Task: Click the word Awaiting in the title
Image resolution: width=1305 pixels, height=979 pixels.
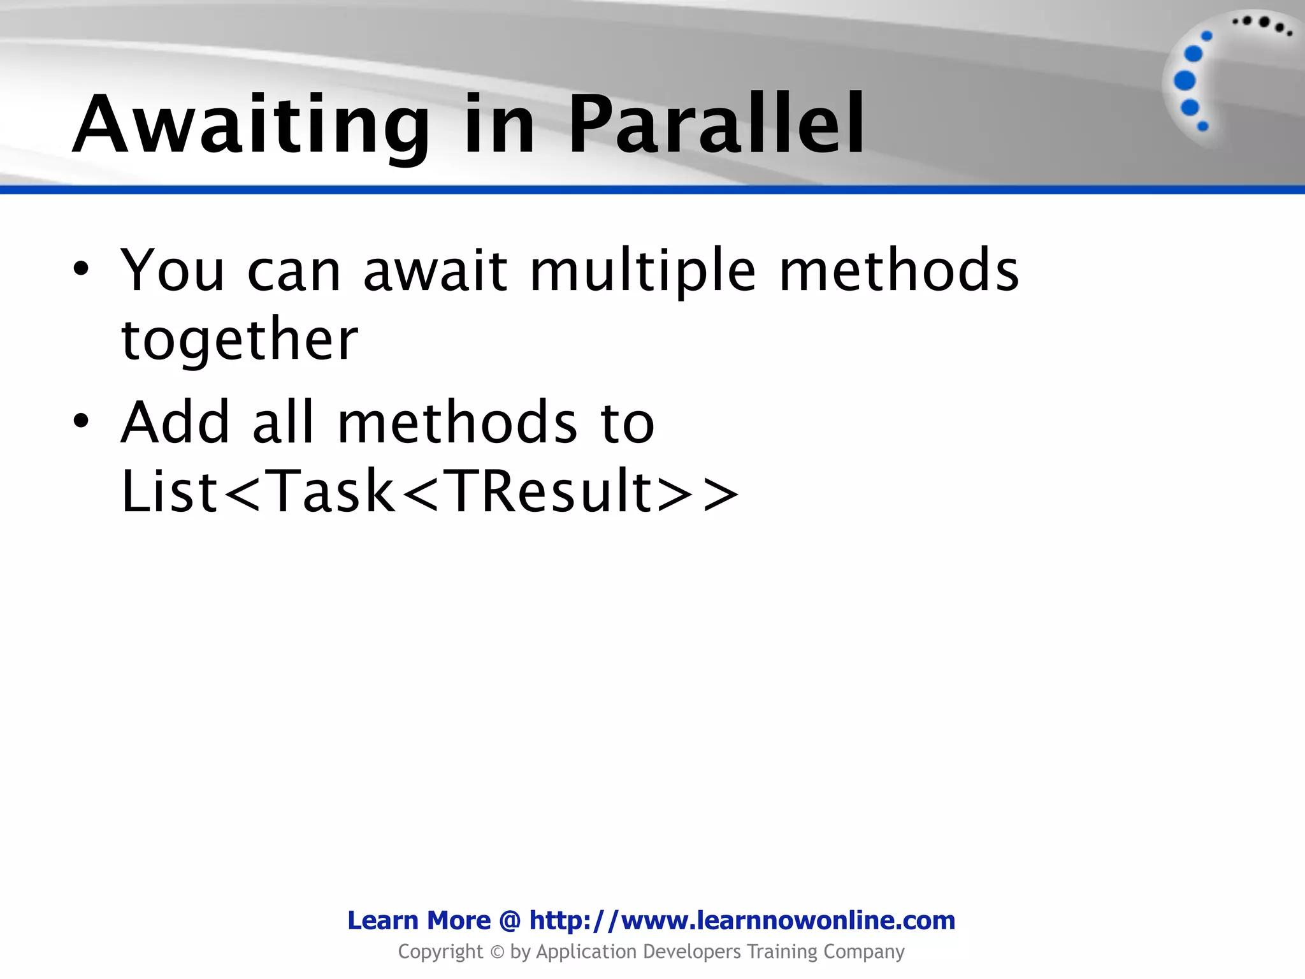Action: coord(251,125)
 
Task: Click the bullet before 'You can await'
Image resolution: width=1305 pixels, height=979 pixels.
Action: coord(80,269)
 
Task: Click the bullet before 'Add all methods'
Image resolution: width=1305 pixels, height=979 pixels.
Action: coord(80,421)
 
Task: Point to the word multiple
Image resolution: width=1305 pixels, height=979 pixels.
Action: coord(643,272)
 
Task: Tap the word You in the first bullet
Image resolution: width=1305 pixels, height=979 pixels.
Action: coord(173,270)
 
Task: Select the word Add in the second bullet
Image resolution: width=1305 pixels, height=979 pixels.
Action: coord(175,422)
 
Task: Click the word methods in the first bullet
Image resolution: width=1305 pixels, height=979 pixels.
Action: coord(898,270)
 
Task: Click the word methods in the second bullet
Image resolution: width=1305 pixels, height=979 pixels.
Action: coord(457,422)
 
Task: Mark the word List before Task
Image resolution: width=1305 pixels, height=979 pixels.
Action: coord(169,491)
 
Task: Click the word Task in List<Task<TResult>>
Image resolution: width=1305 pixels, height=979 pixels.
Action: coord(332,491)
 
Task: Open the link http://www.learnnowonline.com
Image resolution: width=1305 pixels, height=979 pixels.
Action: coord(742,920)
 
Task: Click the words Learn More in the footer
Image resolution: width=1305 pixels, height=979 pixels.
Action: coord(419,920)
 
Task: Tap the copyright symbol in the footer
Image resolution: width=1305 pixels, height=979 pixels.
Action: coord(497,952)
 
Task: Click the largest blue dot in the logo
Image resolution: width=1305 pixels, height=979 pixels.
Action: coord(1185,81)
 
